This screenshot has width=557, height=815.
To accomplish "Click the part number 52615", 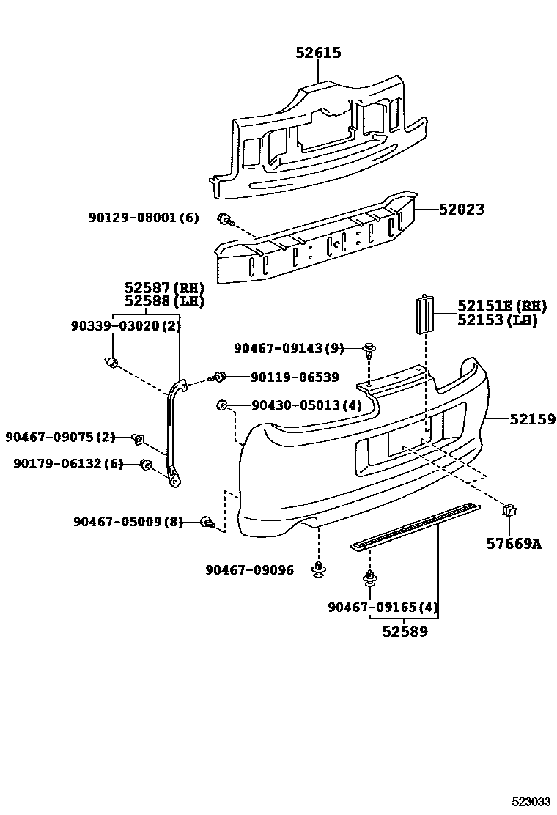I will tap(318, 53).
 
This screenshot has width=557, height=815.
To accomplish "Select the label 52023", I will tap(462, 210).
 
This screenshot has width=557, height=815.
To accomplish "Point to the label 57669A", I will tap(514, 544).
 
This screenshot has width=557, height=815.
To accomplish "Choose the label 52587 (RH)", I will tap(163, 288).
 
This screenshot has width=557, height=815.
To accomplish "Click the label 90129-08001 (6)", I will tap(144, 218).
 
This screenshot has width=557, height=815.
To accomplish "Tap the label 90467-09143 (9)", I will tap(289, 348).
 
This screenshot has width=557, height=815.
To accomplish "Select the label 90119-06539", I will tap(294, 377).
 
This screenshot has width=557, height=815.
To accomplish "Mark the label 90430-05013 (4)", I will tap(295, 405).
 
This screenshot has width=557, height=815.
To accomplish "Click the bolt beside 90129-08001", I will tap(225, 218).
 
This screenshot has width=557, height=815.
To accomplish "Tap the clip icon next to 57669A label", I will tap(511, 512).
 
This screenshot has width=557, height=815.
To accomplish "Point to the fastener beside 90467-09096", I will tap(319, 569).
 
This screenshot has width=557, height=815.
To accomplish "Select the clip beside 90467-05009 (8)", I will tap(208, 522).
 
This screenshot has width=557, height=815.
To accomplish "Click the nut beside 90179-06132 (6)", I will tap(146, 464).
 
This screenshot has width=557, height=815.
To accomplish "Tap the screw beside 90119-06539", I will tap(218, 377).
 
